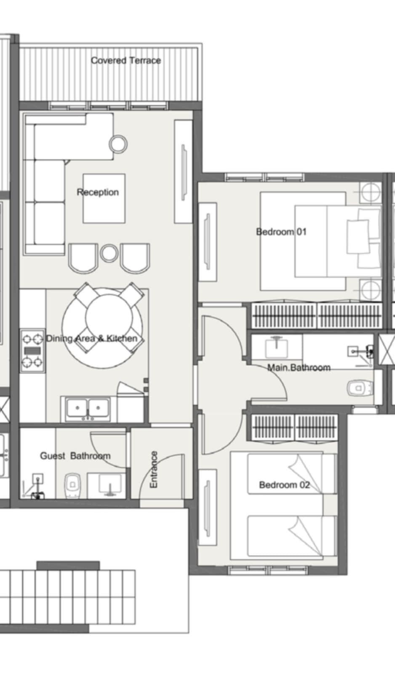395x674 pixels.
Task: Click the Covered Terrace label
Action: [126, 61]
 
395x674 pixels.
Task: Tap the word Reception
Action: [98, 192]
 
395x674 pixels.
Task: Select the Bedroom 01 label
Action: [281, 232]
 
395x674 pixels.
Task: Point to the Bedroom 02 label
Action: [284, 485]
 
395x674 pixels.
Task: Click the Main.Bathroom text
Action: [299, 367]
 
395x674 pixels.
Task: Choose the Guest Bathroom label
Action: [75, 455]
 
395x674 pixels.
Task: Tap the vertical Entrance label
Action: [154, 469]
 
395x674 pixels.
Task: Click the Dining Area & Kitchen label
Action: [92, 339]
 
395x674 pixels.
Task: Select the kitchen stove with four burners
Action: [32, 351]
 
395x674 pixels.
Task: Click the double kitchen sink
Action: [88, 409]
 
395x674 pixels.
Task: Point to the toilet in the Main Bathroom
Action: [360, 388]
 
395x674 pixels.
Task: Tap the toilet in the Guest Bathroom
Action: [72, 486]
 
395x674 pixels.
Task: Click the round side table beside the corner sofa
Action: [118, 144]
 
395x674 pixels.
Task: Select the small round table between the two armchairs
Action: [109, 253]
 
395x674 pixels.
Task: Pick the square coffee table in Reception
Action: [104, 198]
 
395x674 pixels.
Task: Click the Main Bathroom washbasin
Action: [277, 348]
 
